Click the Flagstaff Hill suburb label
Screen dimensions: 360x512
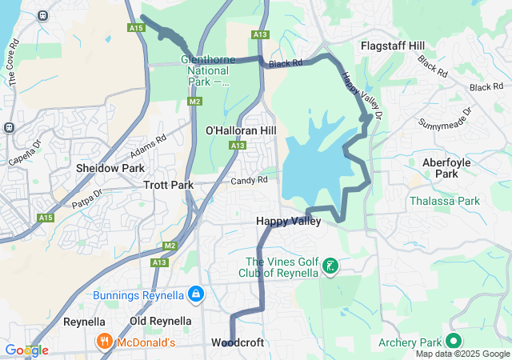(x=393, y=46)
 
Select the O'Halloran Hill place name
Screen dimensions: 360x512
(x=241, y=130)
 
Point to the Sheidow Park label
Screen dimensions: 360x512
(x=110, y=168)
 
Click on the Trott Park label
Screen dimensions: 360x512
(x=169, y=185)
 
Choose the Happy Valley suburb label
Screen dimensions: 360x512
(x=288, y=221)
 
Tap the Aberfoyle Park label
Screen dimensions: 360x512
(x=451, y=167)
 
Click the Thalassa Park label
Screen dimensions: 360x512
(x=445, y=201)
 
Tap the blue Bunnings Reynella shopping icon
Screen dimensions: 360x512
(x=194, y=295)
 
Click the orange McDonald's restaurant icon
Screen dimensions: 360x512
(x=104, y=342)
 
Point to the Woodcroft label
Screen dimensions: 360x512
(x=238, y=342)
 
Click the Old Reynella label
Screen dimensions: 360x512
(x=161, y=321)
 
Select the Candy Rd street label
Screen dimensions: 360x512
(x=250, y=181)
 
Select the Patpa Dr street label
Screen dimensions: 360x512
(x=86, y=199)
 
